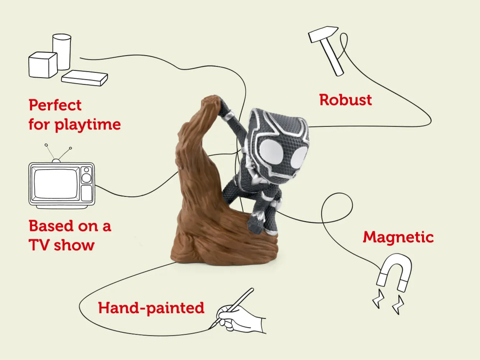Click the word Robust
pos(345,100)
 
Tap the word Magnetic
pos(398,237)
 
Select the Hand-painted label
pos(151,308)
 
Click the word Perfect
pos(55,105)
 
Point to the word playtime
pos(87,125)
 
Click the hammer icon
pos(326,51)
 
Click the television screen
pos(56,184)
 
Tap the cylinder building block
pos(62,52)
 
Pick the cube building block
pos(43,65)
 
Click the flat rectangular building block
pos(85,78)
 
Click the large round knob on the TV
pos(86,178)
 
